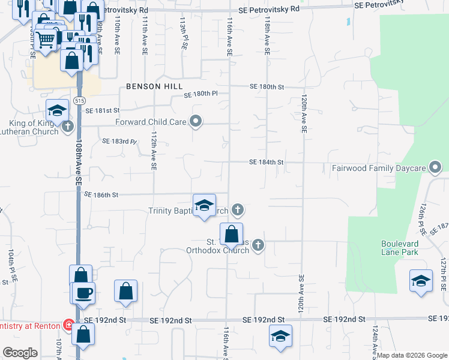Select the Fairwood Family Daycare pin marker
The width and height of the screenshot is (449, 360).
point(436,167)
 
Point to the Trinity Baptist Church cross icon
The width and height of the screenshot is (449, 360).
point(238,209)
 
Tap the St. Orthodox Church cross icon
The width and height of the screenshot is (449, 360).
point(258,245)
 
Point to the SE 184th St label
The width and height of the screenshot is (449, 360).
point(267,162)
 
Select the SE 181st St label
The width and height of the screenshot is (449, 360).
point(103,110)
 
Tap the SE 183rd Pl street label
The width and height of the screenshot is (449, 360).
point(119,142)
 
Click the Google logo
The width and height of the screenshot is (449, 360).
point(20,353)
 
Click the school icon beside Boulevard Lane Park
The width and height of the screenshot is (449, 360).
point(421,280)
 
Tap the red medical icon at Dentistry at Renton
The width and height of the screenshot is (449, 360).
point(69,326)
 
